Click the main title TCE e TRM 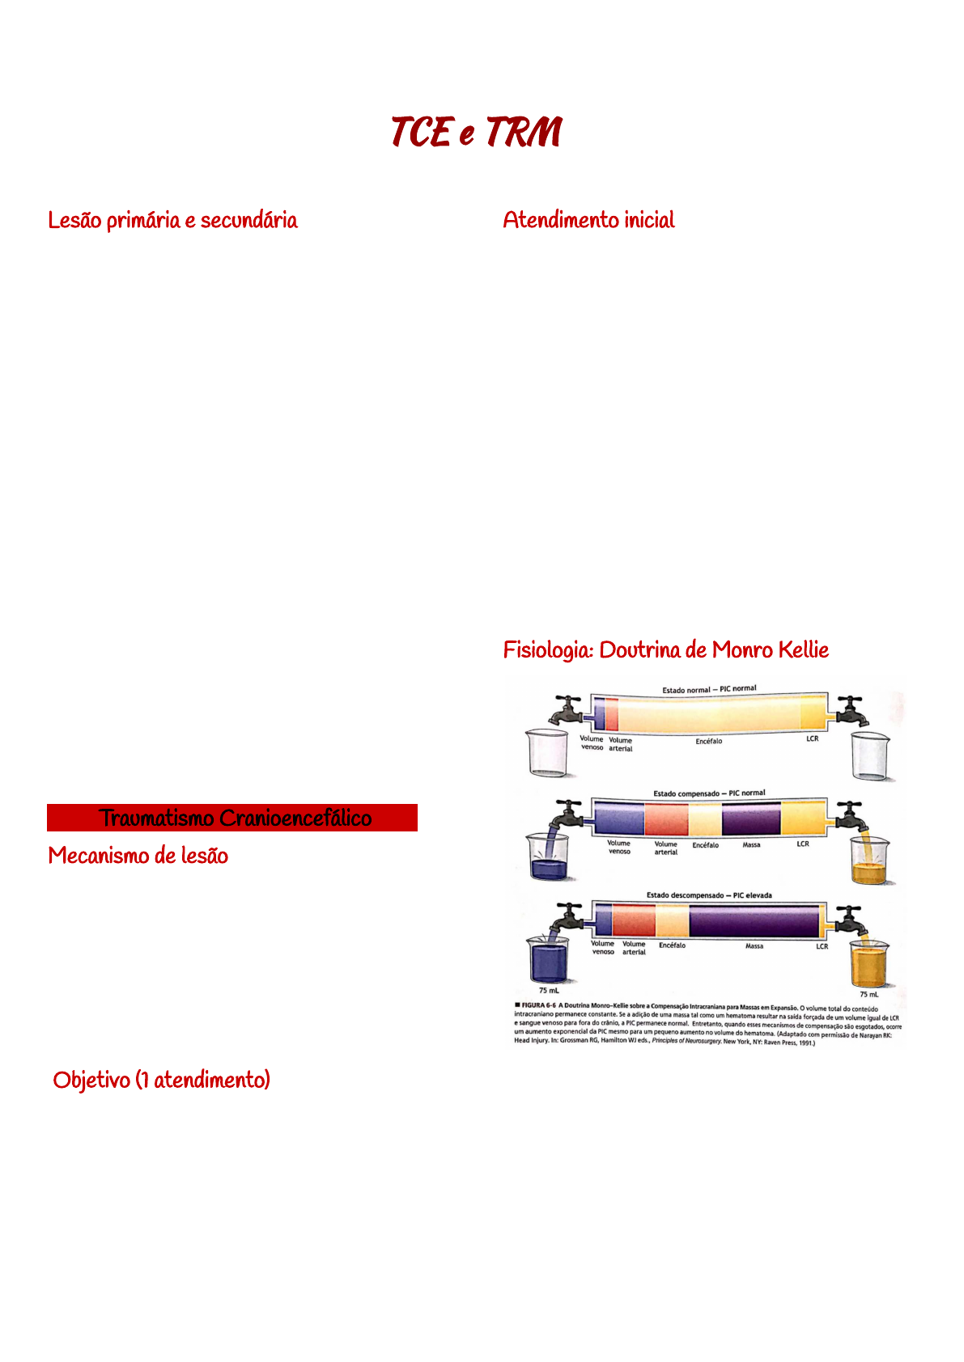[476, 133]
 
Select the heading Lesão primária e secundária [172, 220]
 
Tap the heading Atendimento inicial [588, 220]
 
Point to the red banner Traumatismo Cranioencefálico [232, 818]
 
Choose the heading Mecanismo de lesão [138, 856]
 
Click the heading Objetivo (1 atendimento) [161, 1080]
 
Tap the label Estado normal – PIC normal [709, 690]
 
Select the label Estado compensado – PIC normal [709, 793]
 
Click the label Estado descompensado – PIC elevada [709, 895]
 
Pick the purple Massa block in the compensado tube [750, 818]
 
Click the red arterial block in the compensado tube [666, 818]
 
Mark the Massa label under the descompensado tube [754, 945]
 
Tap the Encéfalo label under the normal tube [708, 741]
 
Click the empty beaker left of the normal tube [548, 753]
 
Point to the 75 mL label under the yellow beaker [868, 994]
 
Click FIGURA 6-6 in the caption [538, 1005]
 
